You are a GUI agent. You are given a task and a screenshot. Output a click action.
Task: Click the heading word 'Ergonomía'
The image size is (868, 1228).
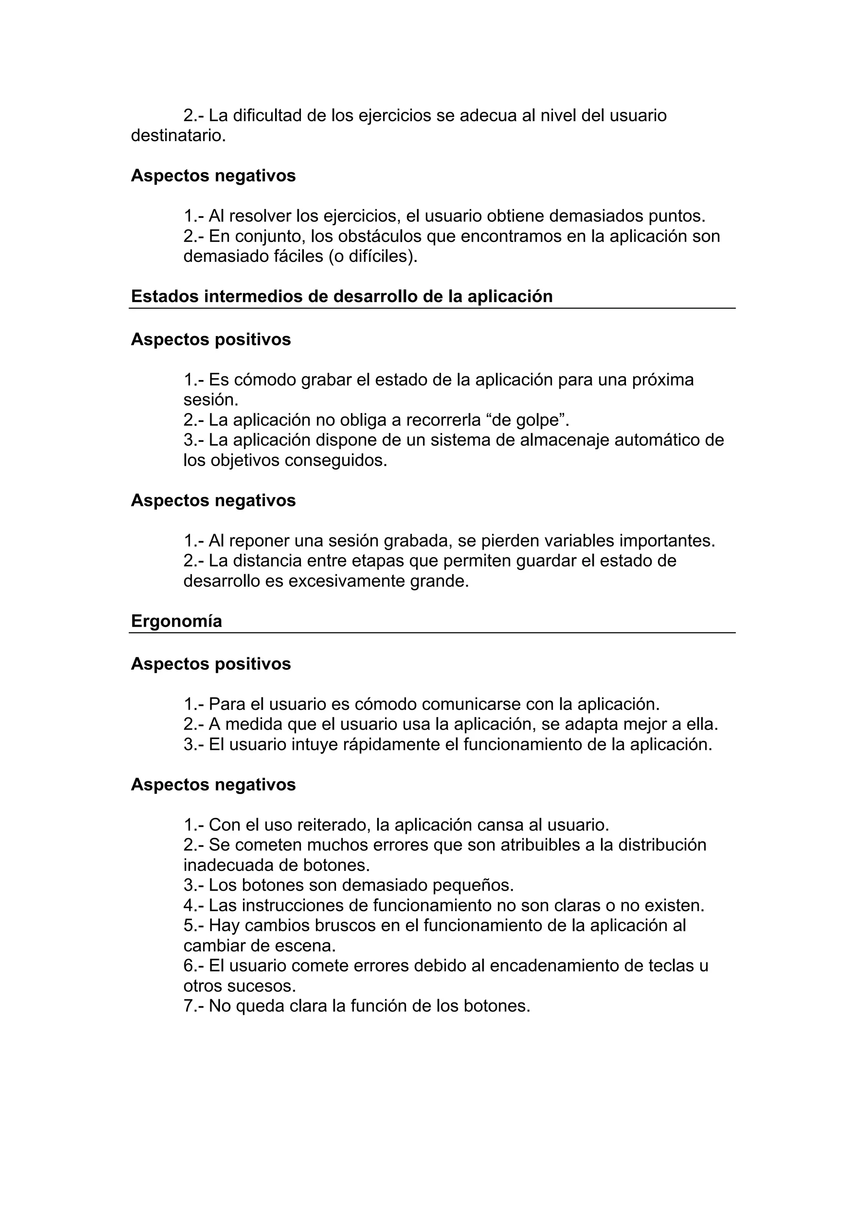[x=176, y=622]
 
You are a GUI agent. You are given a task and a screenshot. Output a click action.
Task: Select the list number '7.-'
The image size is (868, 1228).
[x=194, y=1006]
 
